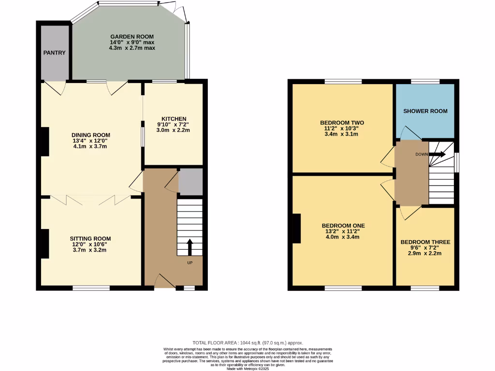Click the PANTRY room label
tap(54, 53)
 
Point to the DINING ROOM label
tap(91, 135)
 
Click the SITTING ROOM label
tap(90, 239)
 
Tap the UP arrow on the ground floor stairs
tap(189, 246)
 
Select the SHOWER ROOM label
tap(425, 111)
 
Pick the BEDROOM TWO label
tap(342, 123)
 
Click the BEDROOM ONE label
tap(343, 226)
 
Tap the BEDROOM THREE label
tap(425, 242)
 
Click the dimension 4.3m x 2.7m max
tap(132, 48)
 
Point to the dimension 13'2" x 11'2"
tap(343, 231)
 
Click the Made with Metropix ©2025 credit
tap(247, 368)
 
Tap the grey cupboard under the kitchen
tap(190, 182)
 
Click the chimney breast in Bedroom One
tap(297, 228)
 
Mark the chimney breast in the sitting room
tap(44, 244)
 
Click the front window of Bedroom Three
tap(425, 288)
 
